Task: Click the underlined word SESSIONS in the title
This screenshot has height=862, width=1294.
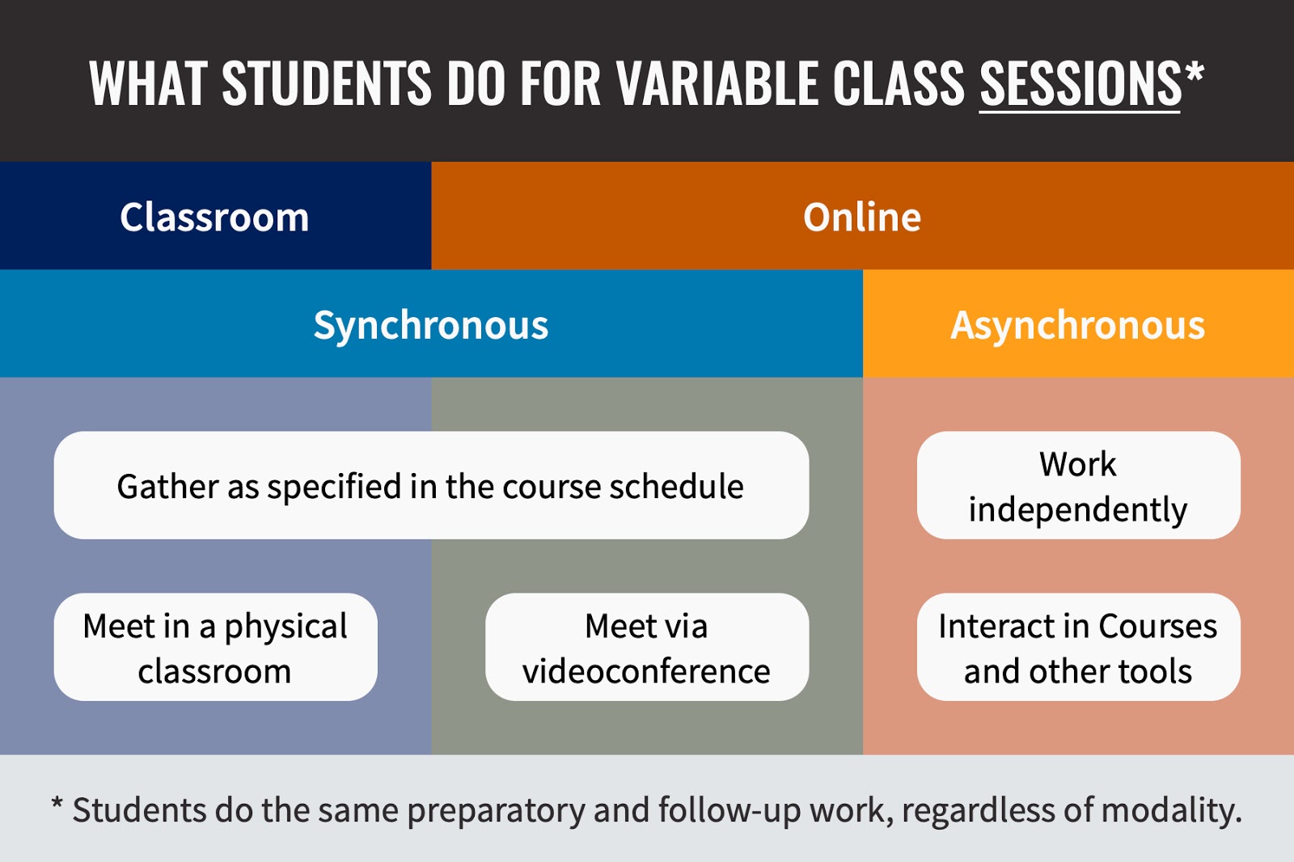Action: [1080, 84]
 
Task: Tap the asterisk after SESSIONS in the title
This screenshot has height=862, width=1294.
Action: [1194, 72]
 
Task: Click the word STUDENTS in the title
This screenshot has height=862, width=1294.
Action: [327, 84]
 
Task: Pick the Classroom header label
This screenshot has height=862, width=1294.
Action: [214, 218]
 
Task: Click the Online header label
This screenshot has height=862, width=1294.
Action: [862, 218]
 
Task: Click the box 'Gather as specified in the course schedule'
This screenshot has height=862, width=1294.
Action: [431, 485]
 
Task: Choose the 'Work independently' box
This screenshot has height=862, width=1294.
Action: [1079, 485]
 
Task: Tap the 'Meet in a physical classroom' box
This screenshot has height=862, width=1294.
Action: [215, 647]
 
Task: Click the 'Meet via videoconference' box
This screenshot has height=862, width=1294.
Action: [647, 647]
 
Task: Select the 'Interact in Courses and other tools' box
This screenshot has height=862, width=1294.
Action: [1079, 647]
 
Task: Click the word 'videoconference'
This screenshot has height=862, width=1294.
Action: [646, 671]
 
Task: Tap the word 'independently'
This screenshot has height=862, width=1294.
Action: [1078, 510]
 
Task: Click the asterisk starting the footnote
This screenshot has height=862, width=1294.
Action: [57, 804]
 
